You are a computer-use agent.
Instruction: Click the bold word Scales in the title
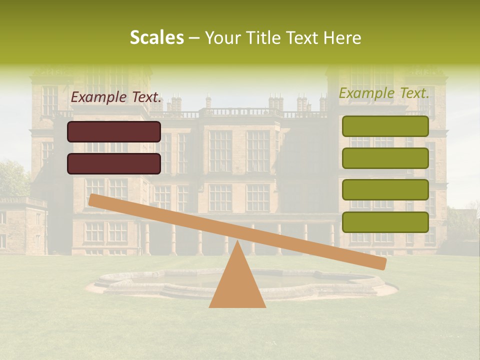tap(157, 37)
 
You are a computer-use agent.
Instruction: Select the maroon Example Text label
tap(116, 97)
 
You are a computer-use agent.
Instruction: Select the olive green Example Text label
tap(384, 93)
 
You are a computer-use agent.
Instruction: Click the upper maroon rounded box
tap(114, 131)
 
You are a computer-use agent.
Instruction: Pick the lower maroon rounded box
tap(114, 163)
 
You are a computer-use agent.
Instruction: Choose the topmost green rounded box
tap(385, 126)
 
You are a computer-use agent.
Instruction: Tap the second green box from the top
tap(385, 158)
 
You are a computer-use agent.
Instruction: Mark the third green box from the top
tap(385, 190)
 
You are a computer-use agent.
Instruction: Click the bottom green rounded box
tap(385, 222)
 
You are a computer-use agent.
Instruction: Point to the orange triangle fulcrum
tap(237, 282)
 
